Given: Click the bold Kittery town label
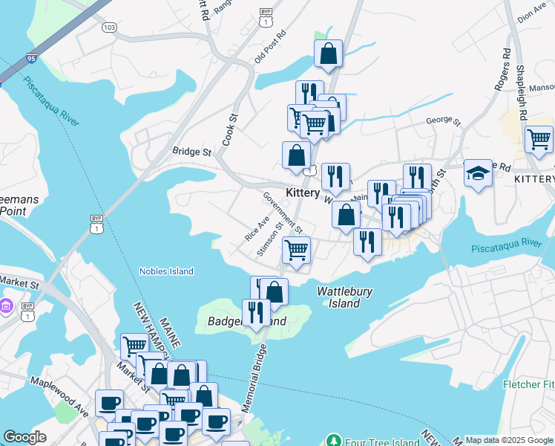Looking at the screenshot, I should click(x=302, y=193).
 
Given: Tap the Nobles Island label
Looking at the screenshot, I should click(x=166, y=271).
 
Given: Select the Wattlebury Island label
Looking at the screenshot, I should click(x=344, y=297).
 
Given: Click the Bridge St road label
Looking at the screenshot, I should click(x=191, y=152).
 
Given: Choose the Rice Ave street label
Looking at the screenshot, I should click(x=257, y=229).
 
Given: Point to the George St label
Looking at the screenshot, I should click(x=444, y=120).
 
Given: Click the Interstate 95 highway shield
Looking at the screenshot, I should click(x=30, y=56).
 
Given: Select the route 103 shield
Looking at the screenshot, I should click(x=110, y=28).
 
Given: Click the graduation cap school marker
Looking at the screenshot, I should click(x=478, y=174).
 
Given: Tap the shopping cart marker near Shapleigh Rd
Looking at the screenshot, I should click(x=539, y=138).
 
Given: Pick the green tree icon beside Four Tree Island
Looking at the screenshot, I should click(x=333, y=440).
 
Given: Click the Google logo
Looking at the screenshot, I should click(x=24, y=437).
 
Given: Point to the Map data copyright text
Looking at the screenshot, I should click(x=509, y=440).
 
